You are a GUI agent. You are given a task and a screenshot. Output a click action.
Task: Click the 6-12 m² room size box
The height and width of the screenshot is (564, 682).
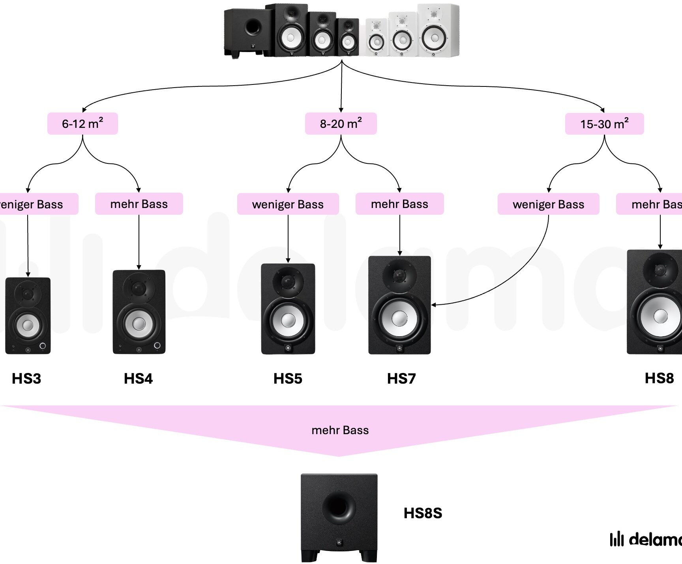pos(82,124)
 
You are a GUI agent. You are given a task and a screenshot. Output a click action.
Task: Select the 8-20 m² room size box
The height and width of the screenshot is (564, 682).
pos(341,124)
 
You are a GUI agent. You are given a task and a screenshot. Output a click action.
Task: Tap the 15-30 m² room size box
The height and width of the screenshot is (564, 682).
pos(604,124)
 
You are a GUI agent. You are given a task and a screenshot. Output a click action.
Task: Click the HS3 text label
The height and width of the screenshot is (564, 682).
pos(26,378)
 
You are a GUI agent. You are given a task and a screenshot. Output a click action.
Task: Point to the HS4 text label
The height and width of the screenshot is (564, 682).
pos(138,378)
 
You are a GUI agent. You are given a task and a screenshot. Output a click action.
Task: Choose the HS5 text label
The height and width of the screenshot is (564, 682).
pos(288,378)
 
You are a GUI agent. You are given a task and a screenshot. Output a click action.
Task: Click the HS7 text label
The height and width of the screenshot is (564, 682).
pos(401,378)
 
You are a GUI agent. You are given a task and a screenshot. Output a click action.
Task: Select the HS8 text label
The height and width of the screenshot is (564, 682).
pos(659,378)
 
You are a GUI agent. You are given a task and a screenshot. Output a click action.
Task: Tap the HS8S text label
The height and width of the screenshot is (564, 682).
pos(423,513)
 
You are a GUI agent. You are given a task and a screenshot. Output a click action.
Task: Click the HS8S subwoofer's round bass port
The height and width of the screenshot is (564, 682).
pos(338,506)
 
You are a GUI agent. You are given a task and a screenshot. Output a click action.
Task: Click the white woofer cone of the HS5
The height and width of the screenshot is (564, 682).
pos(288,320)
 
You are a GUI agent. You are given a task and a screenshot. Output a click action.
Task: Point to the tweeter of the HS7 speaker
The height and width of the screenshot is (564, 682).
pos(399,275)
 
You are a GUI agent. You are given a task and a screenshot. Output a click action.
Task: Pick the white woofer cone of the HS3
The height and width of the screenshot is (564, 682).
pos(28,325)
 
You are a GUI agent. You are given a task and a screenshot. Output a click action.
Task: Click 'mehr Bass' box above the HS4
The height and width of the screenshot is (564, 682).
pos(139,204)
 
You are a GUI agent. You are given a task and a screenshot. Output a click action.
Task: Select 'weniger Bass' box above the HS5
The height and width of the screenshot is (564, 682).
pos(288,204)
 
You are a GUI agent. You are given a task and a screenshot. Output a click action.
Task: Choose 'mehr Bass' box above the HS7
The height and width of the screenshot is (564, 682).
pos(399,204)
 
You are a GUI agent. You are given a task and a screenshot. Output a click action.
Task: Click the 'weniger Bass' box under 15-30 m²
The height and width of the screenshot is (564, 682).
pos(548,204)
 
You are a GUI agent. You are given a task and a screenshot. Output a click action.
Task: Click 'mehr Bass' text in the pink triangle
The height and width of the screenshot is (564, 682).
pos(340,430)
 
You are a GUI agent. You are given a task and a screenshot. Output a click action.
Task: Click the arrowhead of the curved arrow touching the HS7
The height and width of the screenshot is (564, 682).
pos(433,305)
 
